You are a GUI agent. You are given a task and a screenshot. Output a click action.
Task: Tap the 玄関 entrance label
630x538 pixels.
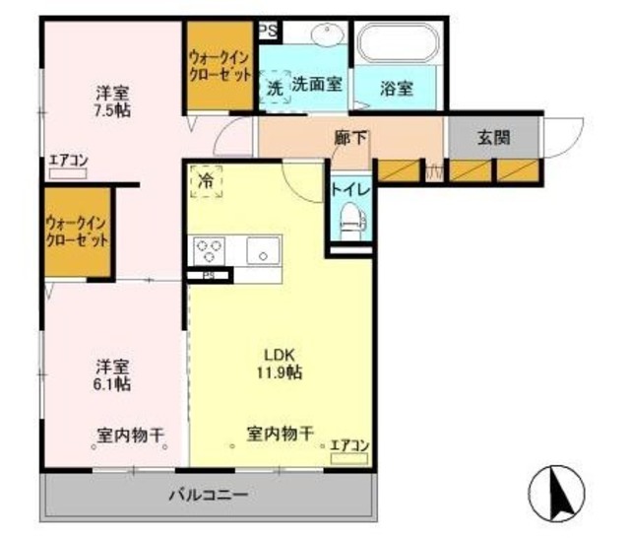(x=493, y=138)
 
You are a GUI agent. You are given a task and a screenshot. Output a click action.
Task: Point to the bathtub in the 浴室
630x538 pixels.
(x=399, y=44)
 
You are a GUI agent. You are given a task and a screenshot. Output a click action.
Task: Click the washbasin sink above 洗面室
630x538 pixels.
(x=325, y=36)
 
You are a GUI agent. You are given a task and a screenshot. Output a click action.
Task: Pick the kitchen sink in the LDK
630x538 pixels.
(x=262, y=251)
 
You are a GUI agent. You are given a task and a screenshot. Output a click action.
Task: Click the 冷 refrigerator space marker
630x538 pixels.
(x=207, y=181)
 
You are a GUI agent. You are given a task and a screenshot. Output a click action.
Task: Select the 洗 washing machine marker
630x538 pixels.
(x=275, y=87)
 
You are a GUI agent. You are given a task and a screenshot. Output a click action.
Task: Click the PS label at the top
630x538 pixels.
(x=267, y=31)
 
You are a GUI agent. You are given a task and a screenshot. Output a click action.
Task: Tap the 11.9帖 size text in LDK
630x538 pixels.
(x=281, y=372)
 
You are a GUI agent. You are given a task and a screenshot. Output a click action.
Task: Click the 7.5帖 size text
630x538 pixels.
(x=113, y=110)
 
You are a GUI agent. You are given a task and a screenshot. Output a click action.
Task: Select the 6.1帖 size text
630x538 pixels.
(x=113, y=383)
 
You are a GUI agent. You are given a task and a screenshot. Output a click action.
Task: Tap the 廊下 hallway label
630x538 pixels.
(x=350, y=138)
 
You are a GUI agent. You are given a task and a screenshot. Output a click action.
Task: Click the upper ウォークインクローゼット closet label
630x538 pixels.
(x=221, y=66)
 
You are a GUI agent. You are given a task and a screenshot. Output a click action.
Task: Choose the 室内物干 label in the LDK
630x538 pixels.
(x=280, y=433)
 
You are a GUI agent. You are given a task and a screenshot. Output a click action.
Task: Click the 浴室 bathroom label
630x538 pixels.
(x=397, y=87)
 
